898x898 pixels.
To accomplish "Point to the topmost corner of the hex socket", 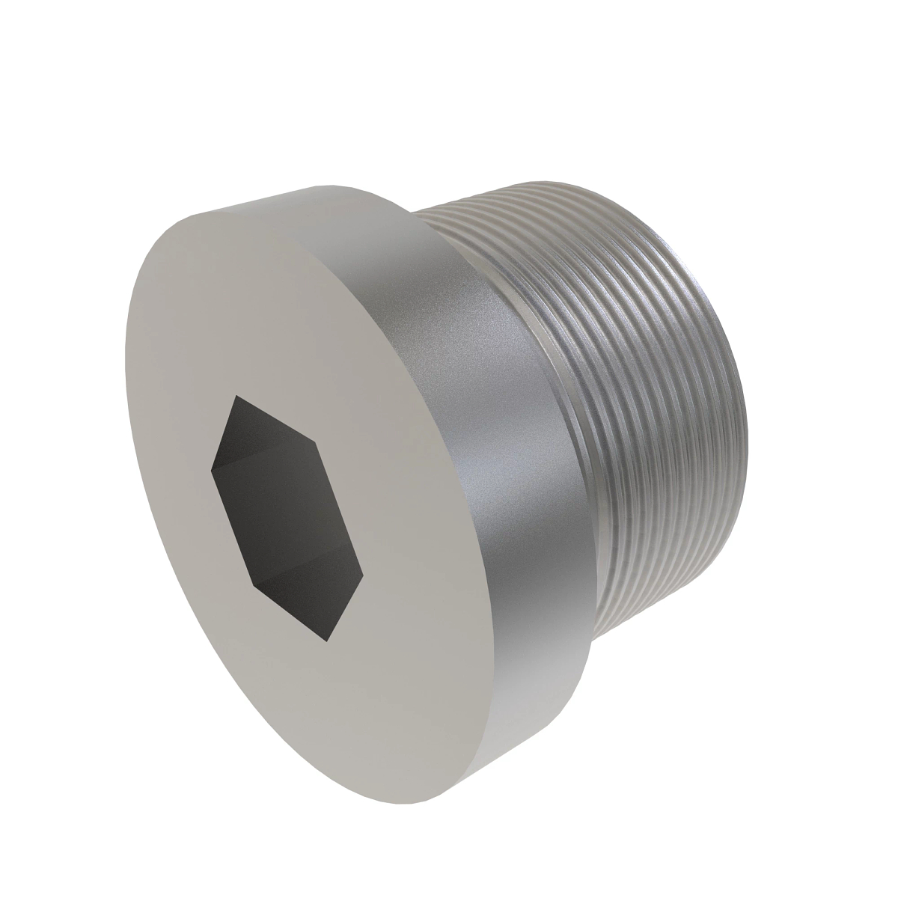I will (x=236, y=397).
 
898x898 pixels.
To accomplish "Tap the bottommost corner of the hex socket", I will (x=327, y=641).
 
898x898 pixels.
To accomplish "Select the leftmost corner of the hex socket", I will (x=212, y=469).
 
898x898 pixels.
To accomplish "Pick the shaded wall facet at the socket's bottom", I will (x=314, y=599).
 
